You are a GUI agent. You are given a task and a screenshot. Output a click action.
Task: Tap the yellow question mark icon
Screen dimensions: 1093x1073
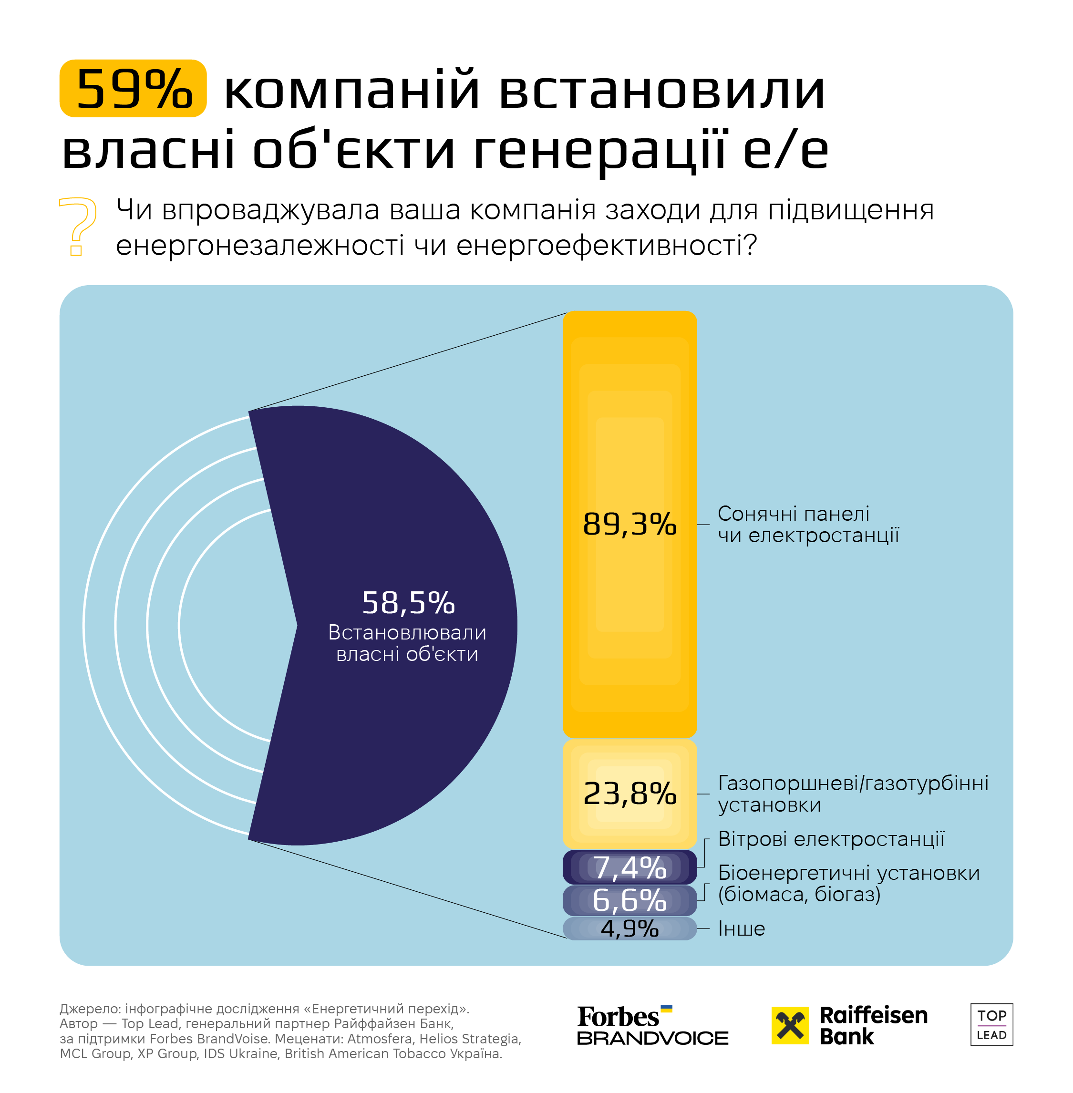click(78, 226)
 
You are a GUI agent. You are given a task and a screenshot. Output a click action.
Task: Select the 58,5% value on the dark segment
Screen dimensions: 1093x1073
click(408, 603)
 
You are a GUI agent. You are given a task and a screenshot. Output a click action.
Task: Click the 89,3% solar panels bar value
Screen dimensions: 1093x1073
click(629, 524)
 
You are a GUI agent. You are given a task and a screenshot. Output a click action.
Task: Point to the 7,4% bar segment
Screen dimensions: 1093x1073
click(629, 867)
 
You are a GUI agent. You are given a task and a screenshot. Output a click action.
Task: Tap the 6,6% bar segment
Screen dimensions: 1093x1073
click(629, 900)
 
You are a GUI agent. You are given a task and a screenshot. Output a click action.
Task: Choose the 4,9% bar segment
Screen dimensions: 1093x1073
click(629, 928)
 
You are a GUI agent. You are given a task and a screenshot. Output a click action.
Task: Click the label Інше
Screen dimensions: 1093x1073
click(741, 928)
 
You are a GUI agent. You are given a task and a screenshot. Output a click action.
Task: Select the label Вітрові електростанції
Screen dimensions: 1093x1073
click(831, 839)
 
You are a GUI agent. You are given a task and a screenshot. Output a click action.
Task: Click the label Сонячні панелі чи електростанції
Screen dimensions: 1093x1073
click(807, 524)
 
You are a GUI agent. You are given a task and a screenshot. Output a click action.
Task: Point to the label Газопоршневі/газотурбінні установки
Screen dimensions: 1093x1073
click(853, 793)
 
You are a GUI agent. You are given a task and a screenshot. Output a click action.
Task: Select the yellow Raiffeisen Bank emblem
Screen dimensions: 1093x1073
click(790, 1025)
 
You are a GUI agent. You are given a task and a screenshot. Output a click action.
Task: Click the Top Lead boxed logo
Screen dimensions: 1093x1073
click(991, 1025)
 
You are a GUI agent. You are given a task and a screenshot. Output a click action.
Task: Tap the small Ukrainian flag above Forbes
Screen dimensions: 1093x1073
click(666, 1009)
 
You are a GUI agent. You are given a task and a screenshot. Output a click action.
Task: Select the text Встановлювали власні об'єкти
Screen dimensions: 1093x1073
click(407, 643)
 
